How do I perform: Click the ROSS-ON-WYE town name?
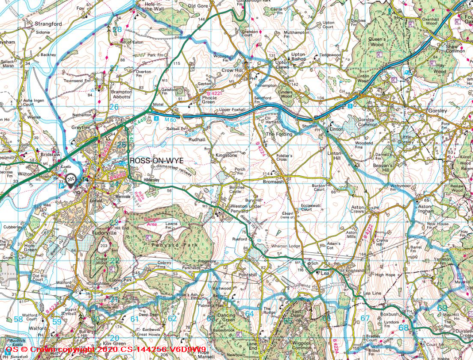tap(156, 160)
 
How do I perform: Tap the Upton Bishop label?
tap(298, 57)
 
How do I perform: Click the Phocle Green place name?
tap(209, 100)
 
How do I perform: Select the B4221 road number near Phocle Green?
tap(214, 93)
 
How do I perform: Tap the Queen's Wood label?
tap(377, 42)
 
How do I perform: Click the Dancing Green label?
tap(226, 318)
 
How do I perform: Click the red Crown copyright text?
tap(103, 350)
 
